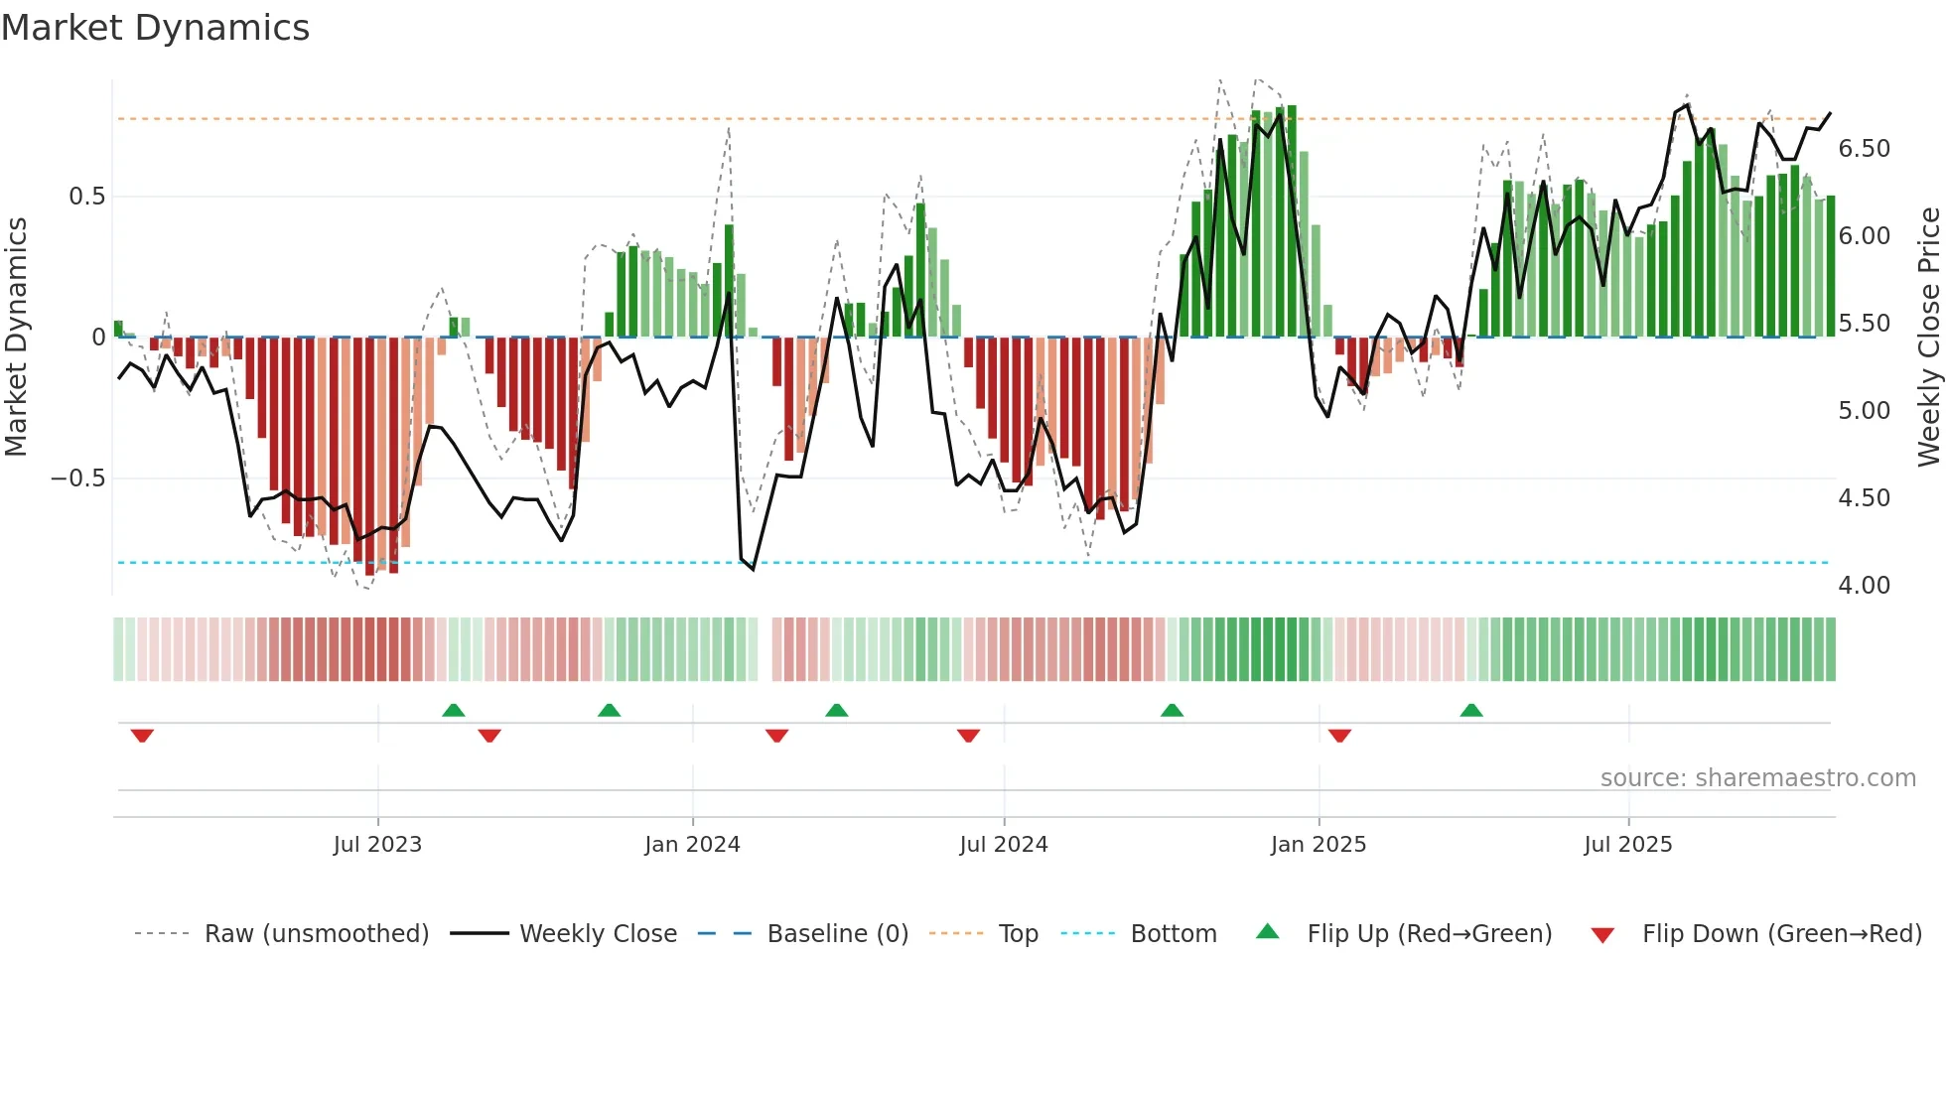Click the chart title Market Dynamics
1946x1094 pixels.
(155, 28)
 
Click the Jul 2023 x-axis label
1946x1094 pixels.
(377, 845)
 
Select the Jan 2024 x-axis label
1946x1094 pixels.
(692, 845)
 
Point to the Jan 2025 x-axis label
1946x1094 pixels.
(1318, 845)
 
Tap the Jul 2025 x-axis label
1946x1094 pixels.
(1627, 845)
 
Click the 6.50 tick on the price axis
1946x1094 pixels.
(1864, 149)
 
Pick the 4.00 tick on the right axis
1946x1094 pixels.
(1864, 586)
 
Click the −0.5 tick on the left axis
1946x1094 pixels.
(77, 479)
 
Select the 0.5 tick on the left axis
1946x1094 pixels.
(86, 197)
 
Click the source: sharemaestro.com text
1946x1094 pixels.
(1757, 778)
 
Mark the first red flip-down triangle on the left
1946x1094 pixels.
(142, 736)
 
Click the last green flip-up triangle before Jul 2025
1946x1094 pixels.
(1470, 710)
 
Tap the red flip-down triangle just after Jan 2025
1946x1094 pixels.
(1339, 736)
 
